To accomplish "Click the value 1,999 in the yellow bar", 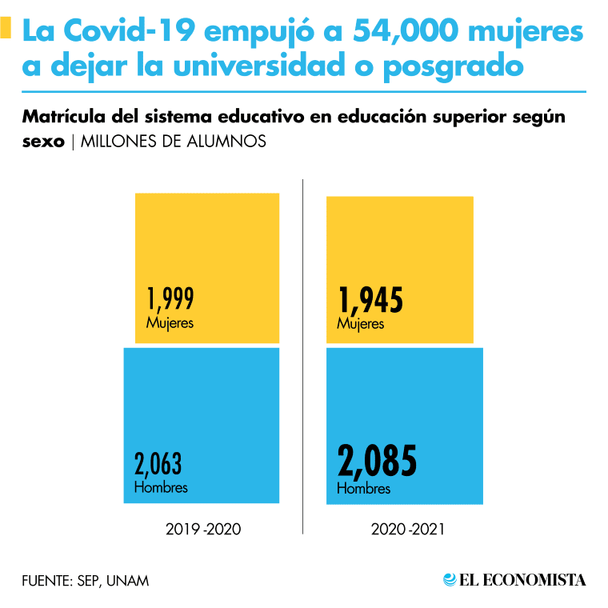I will pyautogui.click(x=170, y=299).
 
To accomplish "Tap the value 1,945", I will pyautogui.click(x=370, y=300).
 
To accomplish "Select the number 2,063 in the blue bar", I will pyautogui.click(x=158, y=464).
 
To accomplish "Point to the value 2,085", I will pyautogui.click(x=378, y=462).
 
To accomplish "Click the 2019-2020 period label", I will pyautogui.click(x=202, y=530).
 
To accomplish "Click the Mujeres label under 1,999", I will pyautogui.click(x=170, y=323).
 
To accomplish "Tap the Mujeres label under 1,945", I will pyautogui.click(x=361, y=324).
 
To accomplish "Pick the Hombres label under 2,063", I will pyautogui.click(x=161, y=486).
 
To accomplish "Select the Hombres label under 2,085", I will pyautogui.click(x=364, y=488).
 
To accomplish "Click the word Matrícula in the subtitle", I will pyautogui.click(x=66, y=118).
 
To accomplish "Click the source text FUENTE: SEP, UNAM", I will pyautogui.click(x=86, y=580).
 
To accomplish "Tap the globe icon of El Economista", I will pyautogui.click(x=450, y=579).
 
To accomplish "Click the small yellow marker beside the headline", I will pyautogui.click(x=6, y=30).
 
